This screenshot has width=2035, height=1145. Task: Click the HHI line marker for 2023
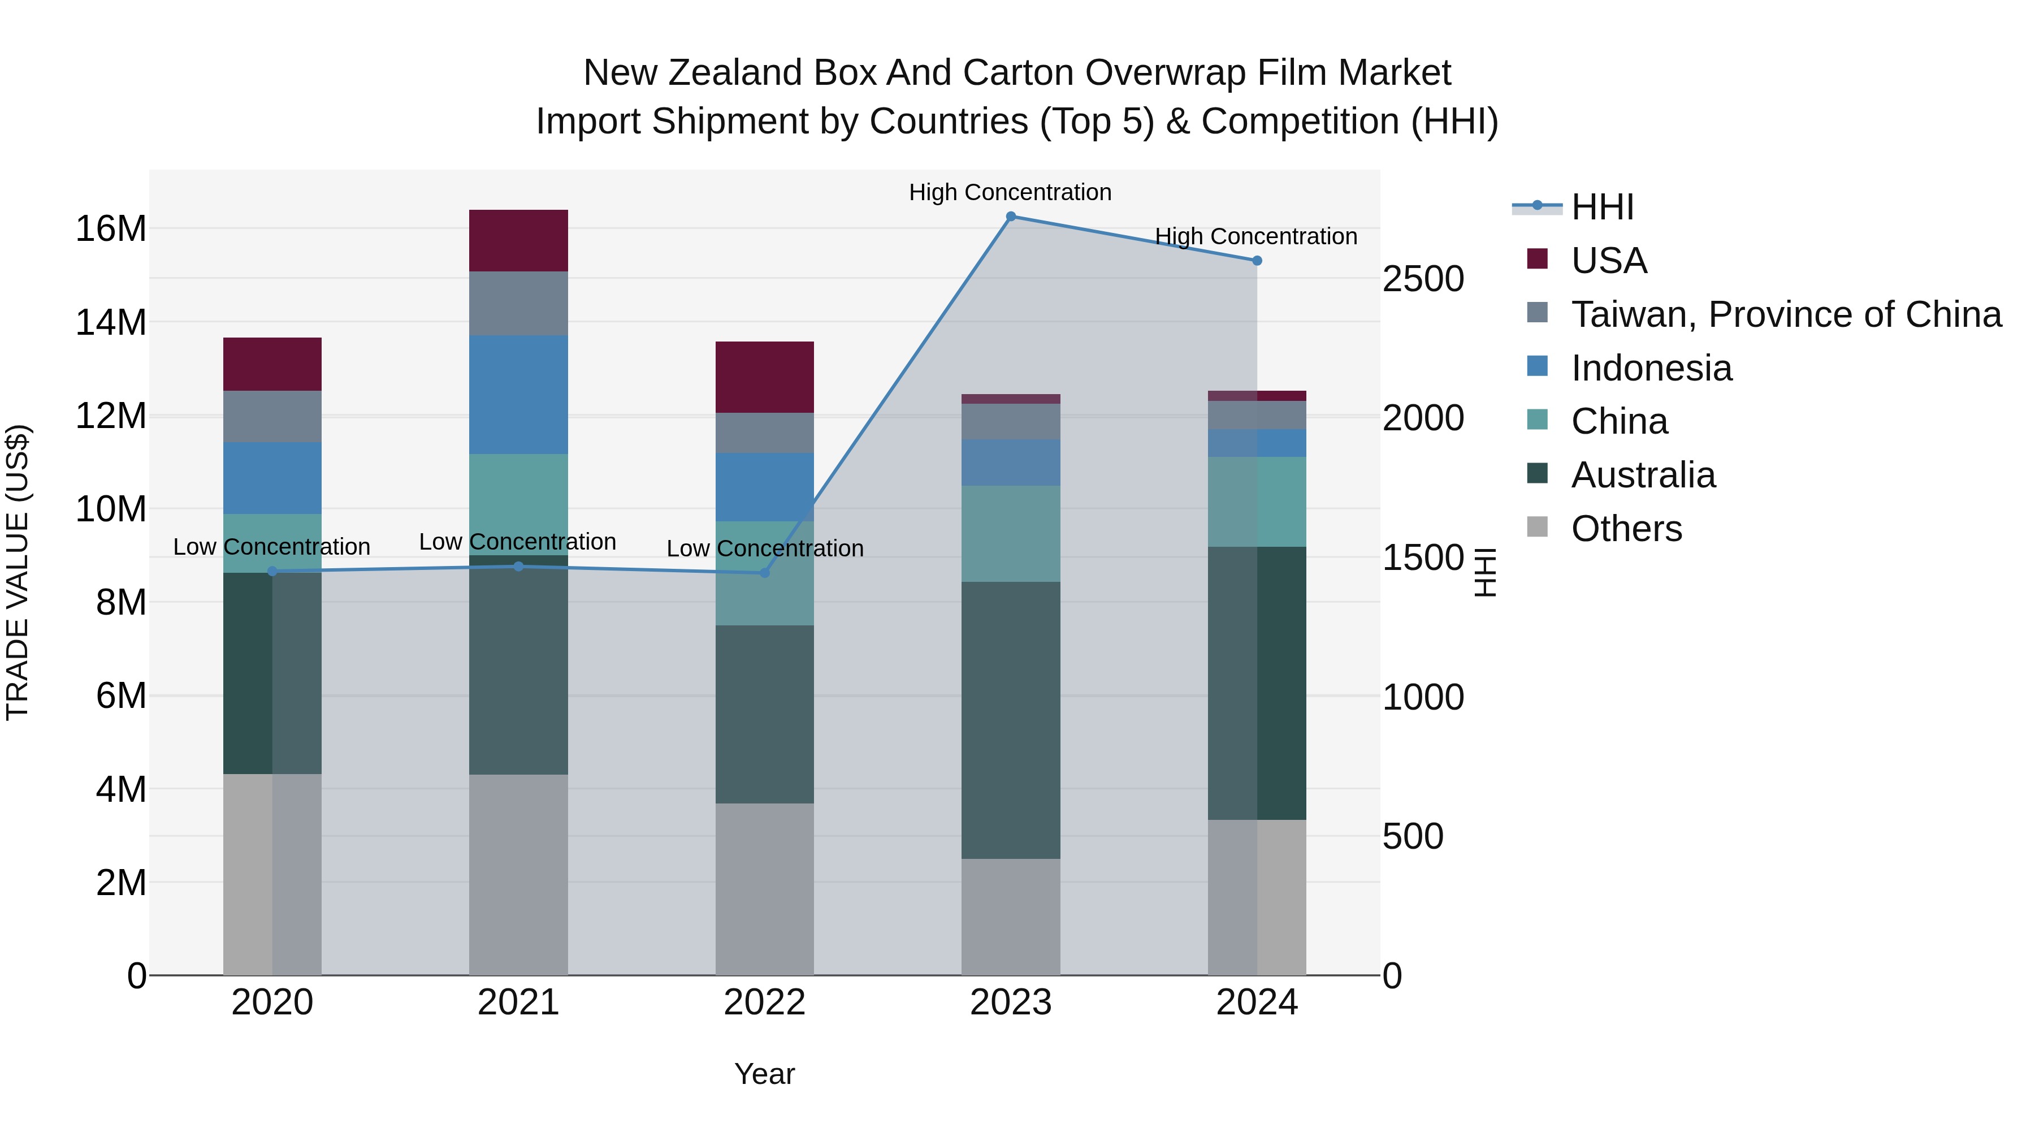(1010, 217)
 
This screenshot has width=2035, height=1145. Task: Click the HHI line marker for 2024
(1257, 261)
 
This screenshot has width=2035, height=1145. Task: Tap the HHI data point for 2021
(518, 567)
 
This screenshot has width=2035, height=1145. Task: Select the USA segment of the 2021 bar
(518, 241)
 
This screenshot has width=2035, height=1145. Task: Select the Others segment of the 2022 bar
(764, 889)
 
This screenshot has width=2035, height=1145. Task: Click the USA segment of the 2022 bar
(764, 377)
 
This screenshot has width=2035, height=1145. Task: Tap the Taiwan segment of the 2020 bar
(272, 416)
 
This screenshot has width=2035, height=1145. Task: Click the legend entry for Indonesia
(1651, 368)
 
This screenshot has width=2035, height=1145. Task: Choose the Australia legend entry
(1643, 475)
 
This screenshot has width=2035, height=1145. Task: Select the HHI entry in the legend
(1602, 207)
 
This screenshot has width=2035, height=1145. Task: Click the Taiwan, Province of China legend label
(1785, 314)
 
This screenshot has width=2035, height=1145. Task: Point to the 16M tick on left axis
(111, 229)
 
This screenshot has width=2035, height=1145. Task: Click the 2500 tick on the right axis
(1423, 279)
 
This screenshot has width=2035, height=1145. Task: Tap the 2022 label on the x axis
(764, 1003)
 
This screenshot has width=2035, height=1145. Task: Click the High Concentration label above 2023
(1010, 192)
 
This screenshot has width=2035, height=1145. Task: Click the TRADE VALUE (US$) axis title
(18, 572)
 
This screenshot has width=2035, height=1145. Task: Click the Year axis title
(764, 1074)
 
